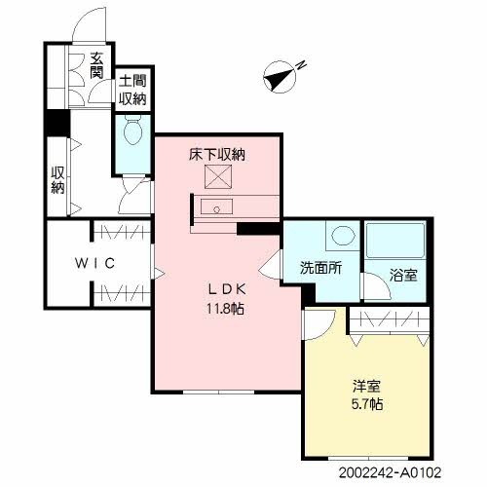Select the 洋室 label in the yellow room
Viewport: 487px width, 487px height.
[x=363, y=385]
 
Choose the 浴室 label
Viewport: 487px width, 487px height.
[x=404, y=274]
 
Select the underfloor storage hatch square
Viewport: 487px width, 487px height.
[x=215, y=178]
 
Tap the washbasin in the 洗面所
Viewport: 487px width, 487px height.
[x=341, y=237]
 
